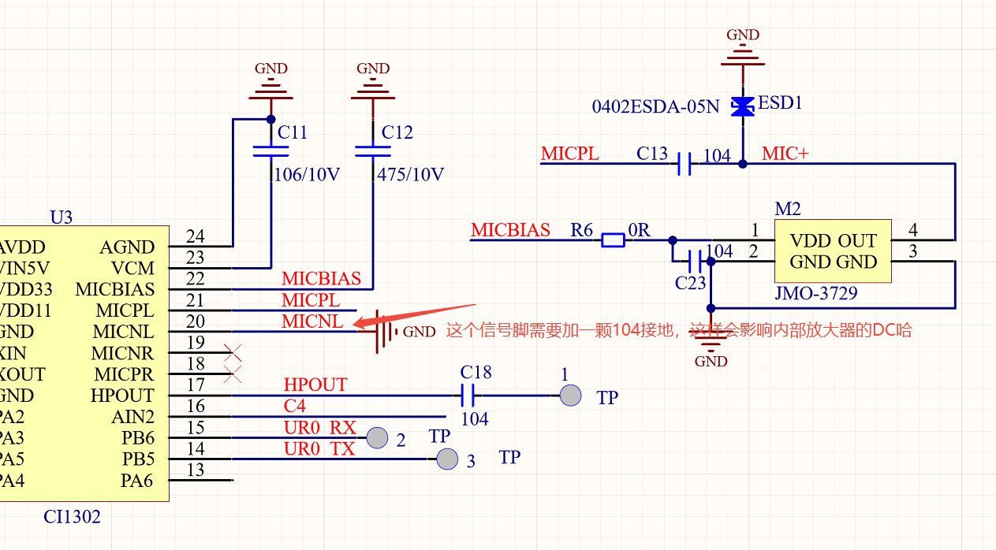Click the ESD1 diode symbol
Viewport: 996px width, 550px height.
tap(742, 106)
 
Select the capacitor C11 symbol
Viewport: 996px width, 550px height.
tap(270, 151)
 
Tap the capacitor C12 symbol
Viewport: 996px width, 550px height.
tap(373, 151)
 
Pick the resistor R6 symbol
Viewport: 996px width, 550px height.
tap(613, 240)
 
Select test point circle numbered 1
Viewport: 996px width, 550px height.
tap(570, 396)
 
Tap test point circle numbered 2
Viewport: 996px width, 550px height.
tap(379, 437)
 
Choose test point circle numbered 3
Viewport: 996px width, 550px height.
tap(447, 459)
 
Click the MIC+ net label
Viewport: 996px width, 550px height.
tap(785, 154)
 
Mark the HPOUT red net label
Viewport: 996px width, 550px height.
tap(315, 385)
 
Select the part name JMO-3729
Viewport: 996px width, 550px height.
tap(816, 294)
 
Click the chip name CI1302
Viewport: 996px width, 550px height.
tap(72, 518)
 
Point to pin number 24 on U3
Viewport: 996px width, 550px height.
tap(195, 236)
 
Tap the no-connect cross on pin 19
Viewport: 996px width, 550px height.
tap(232, 351)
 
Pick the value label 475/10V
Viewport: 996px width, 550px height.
tap(411, 174)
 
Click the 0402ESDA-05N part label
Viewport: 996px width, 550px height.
tap(655, 106)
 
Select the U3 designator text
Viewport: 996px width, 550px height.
tap(61, 217)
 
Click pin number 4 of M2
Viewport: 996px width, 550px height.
tap(913, 230)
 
